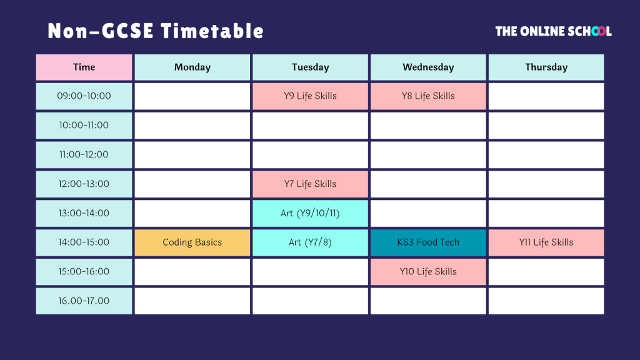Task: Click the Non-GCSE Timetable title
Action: (x=156, y=31)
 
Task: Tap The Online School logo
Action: (x=554, y=31)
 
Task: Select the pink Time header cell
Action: (x=84, y=67)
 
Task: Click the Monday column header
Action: (x=192, y=67)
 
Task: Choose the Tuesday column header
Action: (x=310, y=67)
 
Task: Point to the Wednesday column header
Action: (x=428, y=67)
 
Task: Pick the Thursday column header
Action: (x=546, y=67)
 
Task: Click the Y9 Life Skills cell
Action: (x=310, y=96)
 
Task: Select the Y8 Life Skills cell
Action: (x=428, y=96)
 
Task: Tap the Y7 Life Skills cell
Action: (x=310, y=184)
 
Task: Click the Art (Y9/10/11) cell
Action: (x=310, y=214)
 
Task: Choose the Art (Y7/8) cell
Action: (x=310, y=242)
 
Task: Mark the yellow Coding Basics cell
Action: (x=192, y=242)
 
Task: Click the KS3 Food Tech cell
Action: (x=428, y=242)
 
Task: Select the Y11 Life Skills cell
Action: (x=546, y=242)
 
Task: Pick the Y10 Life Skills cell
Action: (x=428, y=272)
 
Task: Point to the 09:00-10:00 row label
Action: (x=84, y=96)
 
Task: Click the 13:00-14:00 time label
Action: (x=84, y=214)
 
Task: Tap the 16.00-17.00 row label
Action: (x=84, y=301)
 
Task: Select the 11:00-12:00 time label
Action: (x=84, y=155)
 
